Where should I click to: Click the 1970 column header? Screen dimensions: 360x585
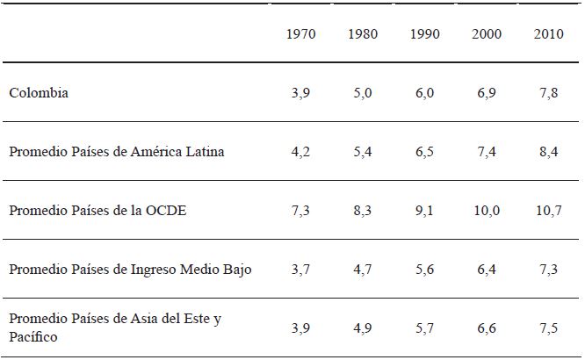[x=301, y=34]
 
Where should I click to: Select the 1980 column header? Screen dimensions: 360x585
[x=363, y=34]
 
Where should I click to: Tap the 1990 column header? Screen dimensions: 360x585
[x=424, y=34]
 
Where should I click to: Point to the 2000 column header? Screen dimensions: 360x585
[x=487, y=34]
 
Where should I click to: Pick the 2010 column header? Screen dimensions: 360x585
[x=548, y=34]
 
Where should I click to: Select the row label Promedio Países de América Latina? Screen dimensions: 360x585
[x=117, y=151]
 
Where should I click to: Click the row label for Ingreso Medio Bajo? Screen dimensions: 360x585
[x=130, y=269]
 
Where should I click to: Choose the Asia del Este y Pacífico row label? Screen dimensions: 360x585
[x=114, y=327]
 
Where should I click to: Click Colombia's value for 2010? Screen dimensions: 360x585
[x=549, y=92]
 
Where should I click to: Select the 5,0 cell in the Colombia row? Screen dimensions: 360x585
[x=364, y=92]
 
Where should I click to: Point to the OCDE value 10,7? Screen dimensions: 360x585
[x=549, y=210]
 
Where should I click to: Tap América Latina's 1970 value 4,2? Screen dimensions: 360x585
[x=301, y=151]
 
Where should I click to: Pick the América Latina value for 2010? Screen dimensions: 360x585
[x=549, y=151]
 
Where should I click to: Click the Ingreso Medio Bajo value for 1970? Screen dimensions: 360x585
[x=301, y=269]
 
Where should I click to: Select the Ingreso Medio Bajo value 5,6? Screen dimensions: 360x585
[x=425, y=269]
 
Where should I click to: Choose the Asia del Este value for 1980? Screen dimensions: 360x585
[x=364, y=328]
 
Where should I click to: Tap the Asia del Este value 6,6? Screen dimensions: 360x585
[x=487, y=328]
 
